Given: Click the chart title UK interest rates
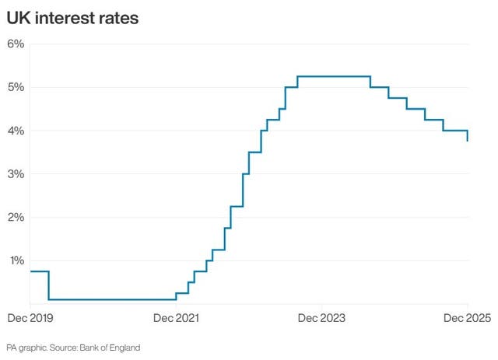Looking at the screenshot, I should [x=73, y=17].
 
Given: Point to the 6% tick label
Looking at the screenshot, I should [x=16, y=44].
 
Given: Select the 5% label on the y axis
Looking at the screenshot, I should [x=16, y=87].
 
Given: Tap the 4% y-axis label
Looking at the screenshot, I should [x=16, y=131].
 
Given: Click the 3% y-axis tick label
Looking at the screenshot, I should [x=16, y=174].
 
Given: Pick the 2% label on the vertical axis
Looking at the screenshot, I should [x=16, y=217].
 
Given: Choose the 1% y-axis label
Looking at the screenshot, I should [x=16, y=260].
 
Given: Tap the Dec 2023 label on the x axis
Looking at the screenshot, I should [x=320, y=318].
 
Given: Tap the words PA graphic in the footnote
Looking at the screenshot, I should [x=26, y=347].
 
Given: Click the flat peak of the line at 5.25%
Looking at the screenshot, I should [x=333, y=76].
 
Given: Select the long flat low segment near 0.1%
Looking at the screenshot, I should [x=113, y=299].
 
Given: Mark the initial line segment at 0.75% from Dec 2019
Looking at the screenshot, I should [x=39, y=271].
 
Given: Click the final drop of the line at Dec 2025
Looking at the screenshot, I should [x=467, y=135].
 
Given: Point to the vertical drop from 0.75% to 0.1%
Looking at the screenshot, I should [x=49, y=285].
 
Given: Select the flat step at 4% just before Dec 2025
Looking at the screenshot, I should [x=454, y=131].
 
